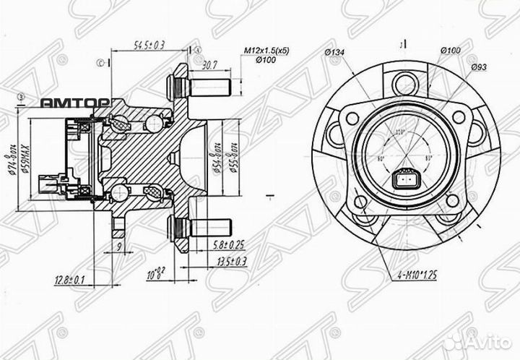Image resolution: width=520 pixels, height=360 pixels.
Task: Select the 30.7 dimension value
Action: (x=211, y=65)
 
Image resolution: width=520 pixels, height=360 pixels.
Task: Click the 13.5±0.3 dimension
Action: (x=229, y=260)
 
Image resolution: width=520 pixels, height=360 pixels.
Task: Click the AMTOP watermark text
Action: (x=74, y=103)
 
